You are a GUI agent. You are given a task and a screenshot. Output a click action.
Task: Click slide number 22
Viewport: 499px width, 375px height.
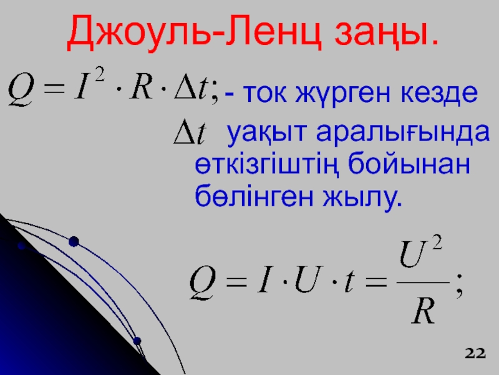pyautogui.click(x=475, y=353)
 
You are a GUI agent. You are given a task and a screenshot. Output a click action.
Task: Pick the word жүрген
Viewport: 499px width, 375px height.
pyautogui.click(x=342, y=95)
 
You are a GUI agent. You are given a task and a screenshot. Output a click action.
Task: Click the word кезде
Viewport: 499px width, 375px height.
pyautogui.click(x=439, y=92)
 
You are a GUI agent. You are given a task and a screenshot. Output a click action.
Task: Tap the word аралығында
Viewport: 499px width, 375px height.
pyautogui.click(x=403, y=132)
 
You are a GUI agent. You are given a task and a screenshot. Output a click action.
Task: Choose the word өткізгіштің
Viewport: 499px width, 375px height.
pyautogui.click(x=266, y=165)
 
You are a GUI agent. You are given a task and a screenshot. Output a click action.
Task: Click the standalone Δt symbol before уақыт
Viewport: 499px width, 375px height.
pyautogui.click(x=190, y=132)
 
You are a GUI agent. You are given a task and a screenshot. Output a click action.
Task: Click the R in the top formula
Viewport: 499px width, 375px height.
pyautogui.click(x=142, y=87)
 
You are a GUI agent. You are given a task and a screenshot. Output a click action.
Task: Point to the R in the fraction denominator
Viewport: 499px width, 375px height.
pyautogui.click(x=423, y=312)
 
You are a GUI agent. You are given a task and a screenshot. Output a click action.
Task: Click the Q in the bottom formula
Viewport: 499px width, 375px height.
pyautogui.click(x=202, y=282)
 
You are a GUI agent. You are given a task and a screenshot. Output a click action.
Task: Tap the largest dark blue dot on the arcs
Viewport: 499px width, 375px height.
pyautogui.click(x=74, y=242)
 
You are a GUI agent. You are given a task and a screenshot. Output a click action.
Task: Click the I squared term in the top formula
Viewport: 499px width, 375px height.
pyautogui.click(x=89, y=84)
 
